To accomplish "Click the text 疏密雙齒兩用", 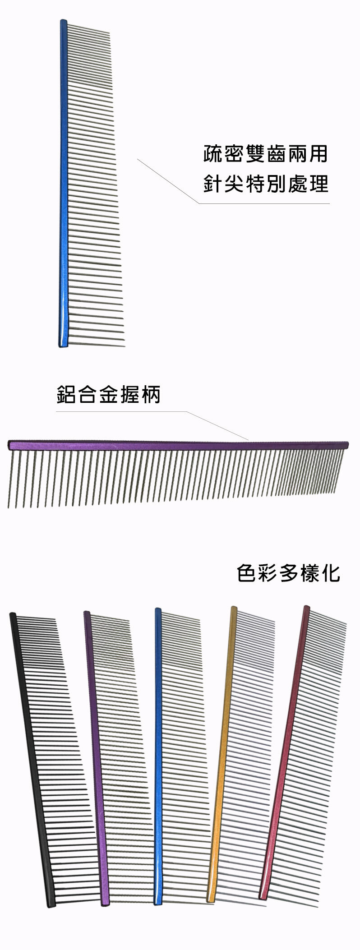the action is click(265, 154).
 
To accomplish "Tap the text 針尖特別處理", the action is click(265, 184).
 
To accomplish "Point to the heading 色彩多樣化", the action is click(288, 573).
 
